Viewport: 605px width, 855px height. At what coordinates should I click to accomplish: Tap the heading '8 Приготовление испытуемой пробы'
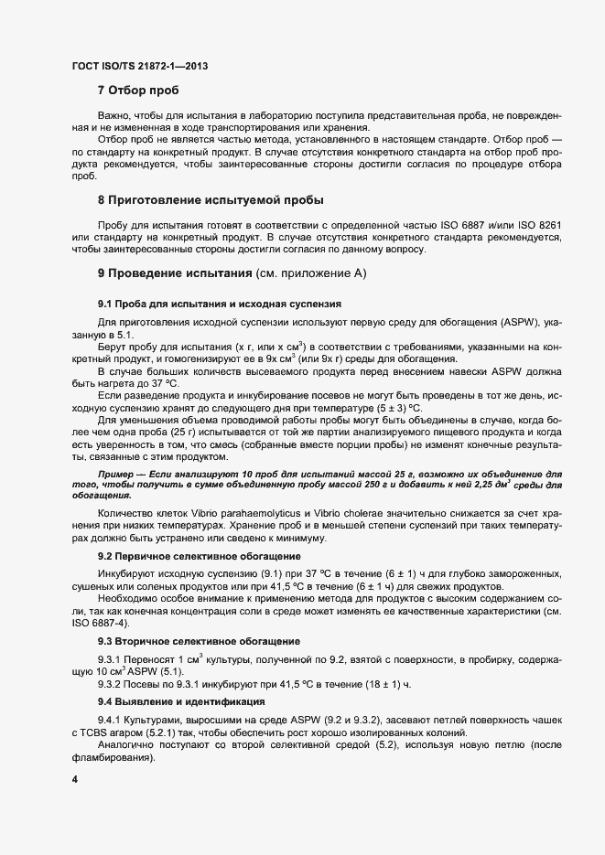pyautogui.click(x=211, y=199)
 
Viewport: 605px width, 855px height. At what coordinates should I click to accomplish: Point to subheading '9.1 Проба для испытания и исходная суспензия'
pyautogui.click(x=220, y=303)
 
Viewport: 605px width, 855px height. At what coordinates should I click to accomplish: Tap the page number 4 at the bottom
pyautogui.click(x=73, y=780)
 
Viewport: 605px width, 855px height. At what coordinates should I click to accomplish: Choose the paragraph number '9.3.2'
pyautogui.click(x=113, y=683)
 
